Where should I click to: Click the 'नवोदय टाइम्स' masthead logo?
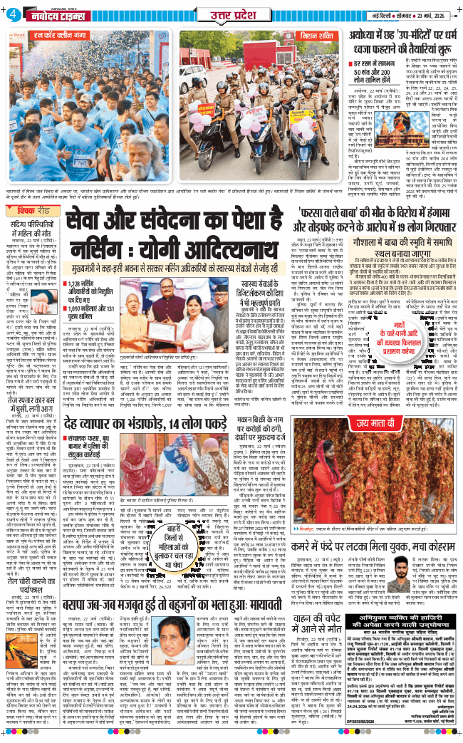click(x=49, y=14)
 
